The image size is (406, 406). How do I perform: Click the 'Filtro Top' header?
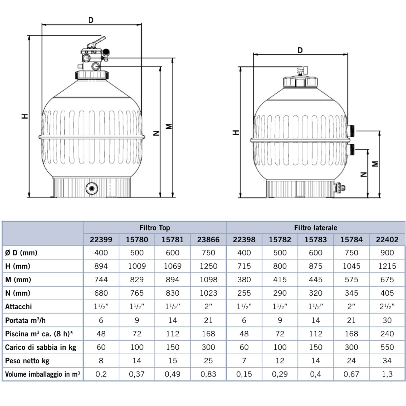pos(155,228)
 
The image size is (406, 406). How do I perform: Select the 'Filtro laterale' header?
pos(315,228)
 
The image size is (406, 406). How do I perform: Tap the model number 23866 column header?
pos(208,240)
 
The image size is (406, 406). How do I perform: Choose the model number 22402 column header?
pos(387,240)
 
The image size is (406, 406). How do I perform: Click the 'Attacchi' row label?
pos(19,307)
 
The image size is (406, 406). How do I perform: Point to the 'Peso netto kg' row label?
pos(27,361)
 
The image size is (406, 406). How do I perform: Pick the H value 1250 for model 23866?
pos(208,266)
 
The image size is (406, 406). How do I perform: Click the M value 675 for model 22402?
pos(387,279)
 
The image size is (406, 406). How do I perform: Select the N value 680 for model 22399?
pos(101,293)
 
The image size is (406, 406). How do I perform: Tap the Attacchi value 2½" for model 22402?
pos(387,307)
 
